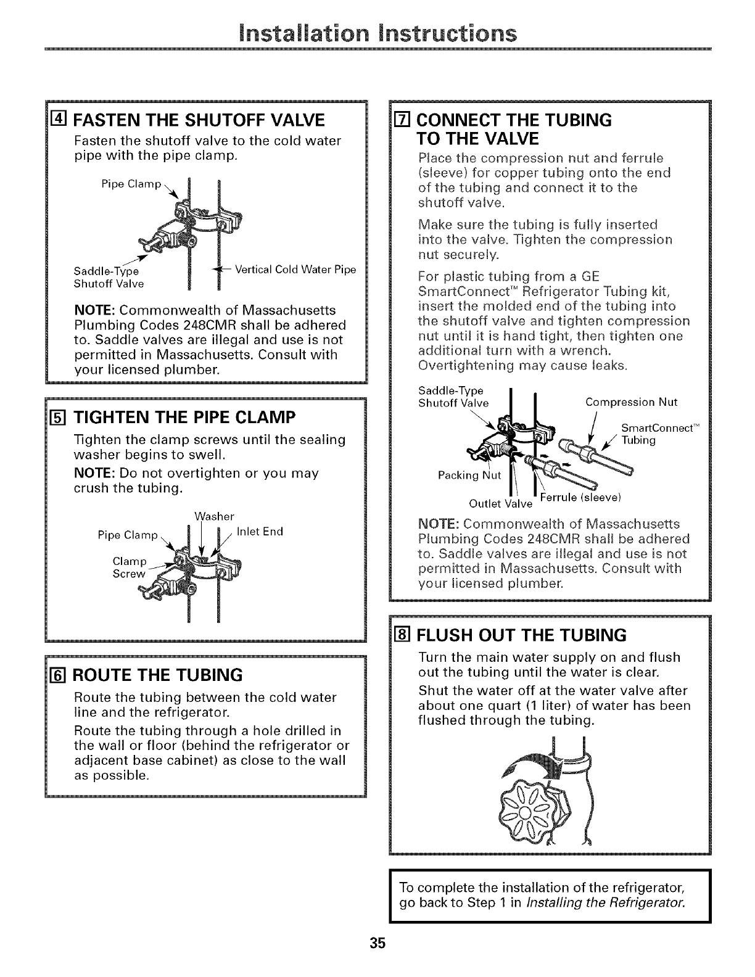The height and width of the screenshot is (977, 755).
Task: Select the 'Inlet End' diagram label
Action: pos(260,532)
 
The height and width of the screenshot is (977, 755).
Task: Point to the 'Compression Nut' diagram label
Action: pos(631,402)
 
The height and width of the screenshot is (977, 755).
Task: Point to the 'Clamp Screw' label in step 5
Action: pos(130,567)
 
